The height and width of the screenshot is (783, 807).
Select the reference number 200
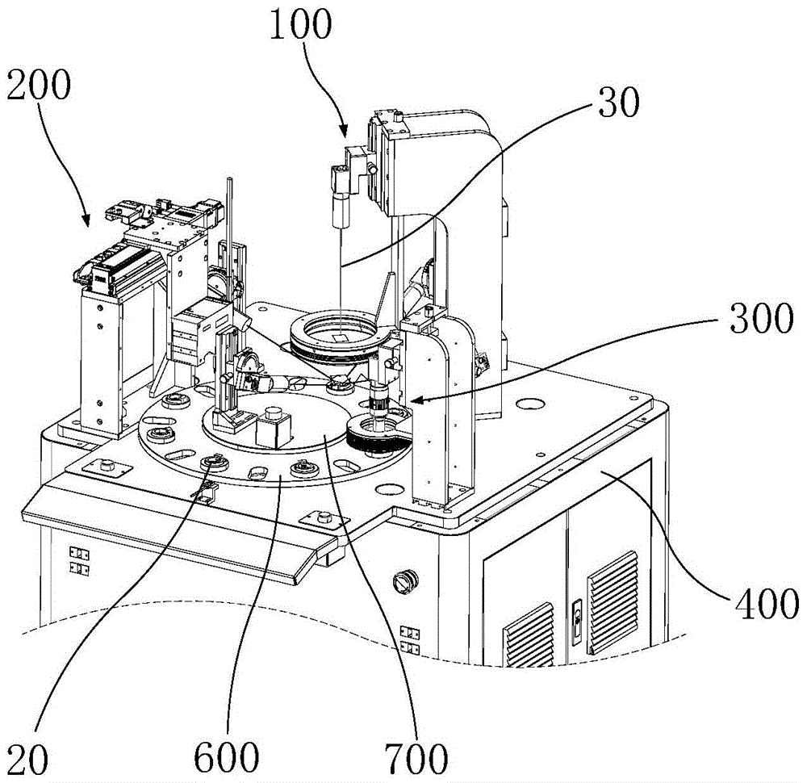(39, 85)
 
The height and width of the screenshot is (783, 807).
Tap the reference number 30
(619, 102)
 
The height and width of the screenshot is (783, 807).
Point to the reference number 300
(761, 317)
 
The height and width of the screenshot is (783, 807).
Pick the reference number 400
(767, 602)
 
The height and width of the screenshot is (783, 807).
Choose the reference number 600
(227, 757)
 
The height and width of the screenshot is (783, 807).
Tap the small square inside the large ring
(341, 337)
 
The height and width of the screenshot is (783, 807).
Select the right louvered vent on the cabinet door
(613, 603)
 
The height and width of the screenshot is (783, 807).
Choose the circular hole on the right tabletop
(530, 403)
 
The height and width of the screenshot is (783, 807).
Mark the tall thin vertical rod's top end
(229, 178)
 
